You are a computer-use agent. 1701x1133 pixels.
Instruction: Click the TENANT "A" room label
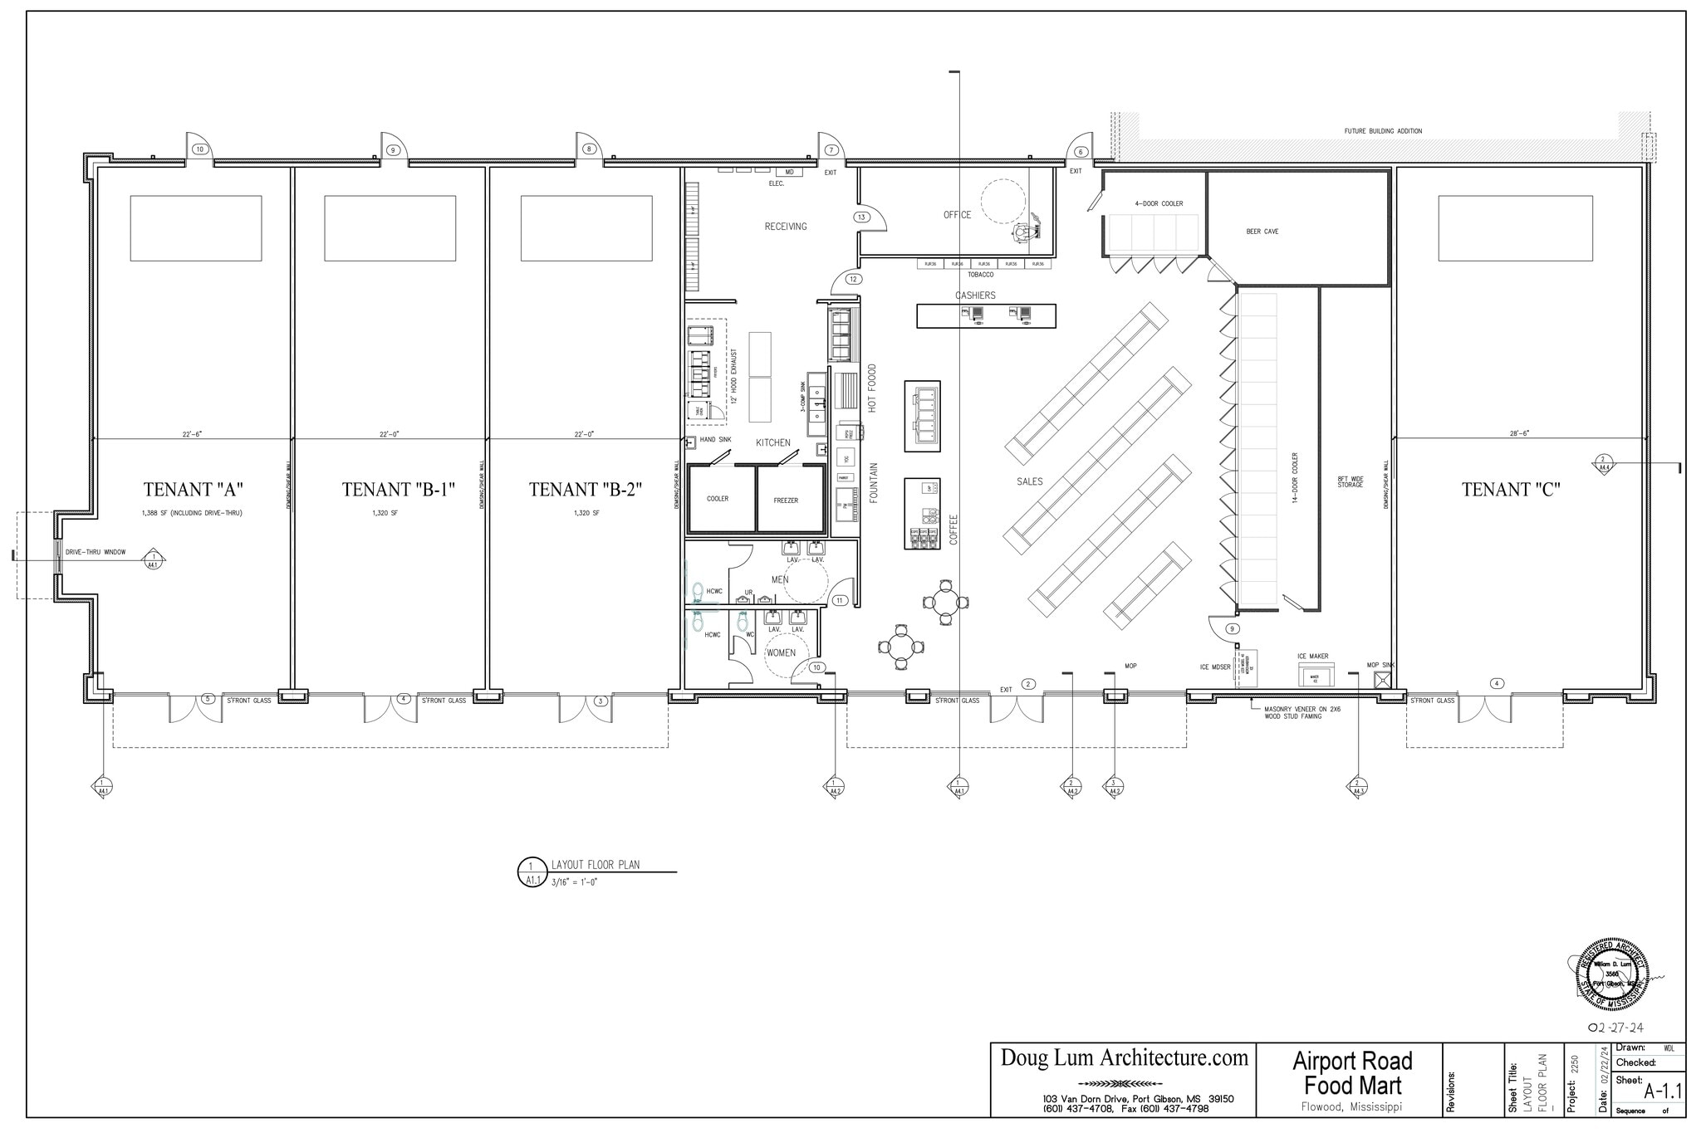193,490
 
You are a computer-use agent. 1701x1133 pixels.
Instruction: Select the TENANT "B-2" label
586,490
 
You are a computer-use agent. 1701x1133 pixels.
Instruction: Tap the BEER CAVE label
1262,232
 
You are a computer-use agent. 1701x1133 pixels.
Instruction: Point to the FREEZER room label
786,501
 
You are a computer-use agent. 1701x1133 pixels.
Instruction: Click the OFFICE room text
957,215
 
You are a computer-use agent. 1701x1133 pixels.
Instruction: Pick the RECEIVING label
786,227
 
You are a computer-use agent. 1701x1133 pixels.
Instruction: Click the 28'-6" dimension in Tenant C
1519,433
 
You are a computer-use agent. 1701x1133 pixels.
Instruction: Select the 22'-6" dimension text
193,433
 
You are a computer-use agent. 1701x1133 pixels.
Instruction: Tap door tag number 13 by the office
861,217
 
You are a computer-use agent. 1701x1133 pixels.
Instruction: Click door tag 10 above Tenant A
199,149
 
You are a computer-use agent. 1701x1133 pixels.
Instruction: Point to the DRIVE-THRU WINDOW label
96,552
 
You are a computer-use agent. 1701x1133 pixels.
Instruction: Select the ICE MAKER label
1312,656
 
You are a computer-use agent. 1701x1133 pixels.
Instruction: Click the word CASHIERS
975,295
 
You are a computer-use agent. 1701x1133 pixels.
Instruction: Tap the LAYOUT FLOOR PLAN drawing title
596,865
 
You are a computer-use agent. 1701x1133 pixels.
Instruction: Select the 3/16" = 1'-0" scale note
574,882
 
